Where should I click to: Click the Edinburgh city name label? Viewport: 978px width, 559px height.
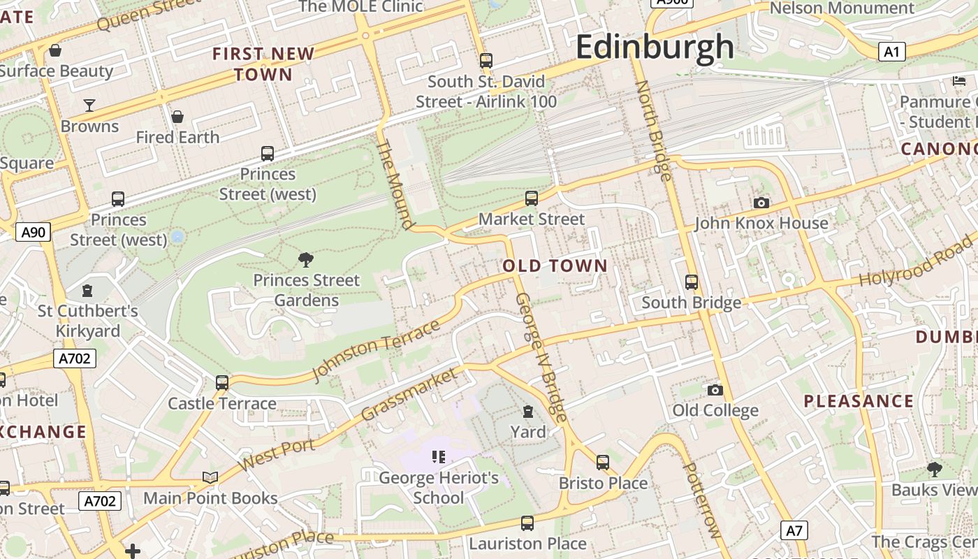coord(655,48)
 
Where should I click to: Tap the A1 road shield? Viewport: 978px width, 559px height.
coord(891,52)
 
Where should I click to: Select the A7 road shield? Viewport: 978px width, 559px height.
coord(794,530)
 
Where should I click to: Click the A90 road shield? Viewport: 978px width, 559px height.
coord(33,232)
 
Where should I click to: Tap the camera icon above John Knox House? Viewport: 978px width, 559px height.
coord(761,203)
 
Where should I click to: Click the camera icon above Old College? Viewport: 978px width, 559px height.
coord(715,390)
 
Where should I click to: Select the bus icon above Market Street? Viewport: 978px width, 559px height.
coord(532,198)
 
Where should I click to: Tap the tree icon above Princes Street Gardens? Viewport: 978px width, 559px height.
coord(305,260)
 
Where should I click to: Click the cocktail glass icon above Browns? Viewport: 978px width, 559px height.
coord(89,106)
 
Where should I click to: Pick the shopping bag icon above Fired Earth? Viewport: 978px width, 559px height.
coord(177,116)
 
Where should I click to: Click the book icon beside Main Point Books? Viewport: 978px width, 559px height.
coord(210,477)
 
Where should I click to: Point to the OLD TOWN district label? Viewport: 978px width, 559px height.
coord(555,266)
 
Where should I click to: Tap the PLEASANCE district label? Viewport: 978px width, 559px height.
coord(859,401)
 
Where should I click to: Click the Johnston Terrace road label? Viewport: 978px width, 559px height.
coord(377,350)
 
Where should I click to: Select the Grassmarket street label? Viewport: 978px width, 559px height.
coord(410,394)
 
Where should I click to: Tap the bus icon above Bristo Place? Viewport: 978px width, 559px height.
coord(603,462)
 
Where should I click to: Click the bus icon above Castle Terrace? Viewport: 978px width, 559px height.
coord(222,382)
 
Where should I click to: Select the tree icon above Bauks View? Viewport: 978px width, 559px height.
coord(935,469)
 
